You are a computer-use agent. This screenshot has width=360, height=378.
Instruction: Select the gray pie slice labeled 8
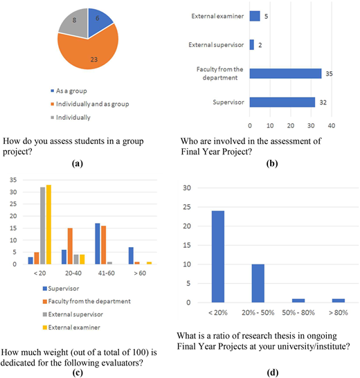point(74,22)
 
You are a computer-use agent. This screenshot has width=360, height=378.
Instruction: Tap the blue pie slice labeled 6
point(99,21)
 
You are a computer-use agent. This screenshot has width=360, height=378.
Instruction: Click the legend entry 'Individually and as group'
point(90,104)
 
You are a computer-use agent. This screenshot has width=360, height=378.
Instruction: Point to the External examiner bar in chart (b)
point(255,16)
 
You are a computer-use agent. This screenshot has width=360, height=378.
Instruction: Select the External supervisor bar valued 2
point(252,45)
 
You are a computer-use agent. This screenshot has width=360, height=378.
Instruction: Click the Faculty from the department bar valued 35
point(285,73)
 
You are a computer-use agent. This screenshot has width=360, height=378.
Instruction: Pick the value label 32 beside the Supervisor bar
point(323,102)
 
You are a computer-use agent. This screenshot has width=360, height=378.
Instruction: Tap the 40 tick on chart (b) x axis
point(332,125)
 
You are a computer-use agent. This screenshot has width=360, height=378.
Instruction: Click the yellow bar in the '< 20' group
point(48,224)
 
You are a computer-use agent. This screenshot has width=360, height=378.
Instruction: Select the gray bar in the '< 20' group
point(43,226)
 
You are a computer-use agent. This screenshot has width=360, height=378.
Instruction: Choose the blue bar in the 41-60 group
point(98,244)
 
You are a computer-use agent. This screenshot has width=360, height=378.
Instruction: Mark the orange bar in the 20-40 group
point(70,246)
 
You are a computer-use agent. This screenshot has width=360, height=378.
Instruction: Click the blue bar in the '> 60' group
point(131,255)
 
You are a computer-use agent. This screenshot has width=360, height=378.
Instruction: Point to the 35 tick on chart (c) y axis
point(13,180)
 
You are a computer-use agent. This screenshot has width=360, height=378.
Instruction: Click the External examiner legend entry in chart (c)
point(71,327)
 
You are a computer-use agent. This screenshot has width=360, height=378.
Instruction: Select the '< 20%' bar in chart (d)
point(218,257)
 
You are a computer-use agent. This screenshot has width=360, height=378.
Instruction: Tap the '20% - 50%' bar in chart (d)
point(258,284)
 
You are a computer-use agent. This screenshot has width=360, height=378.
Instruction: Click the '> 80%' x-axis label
point(339,313)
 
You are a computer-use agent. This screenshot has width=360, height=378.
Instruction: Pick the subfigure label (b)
point(272,163)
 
